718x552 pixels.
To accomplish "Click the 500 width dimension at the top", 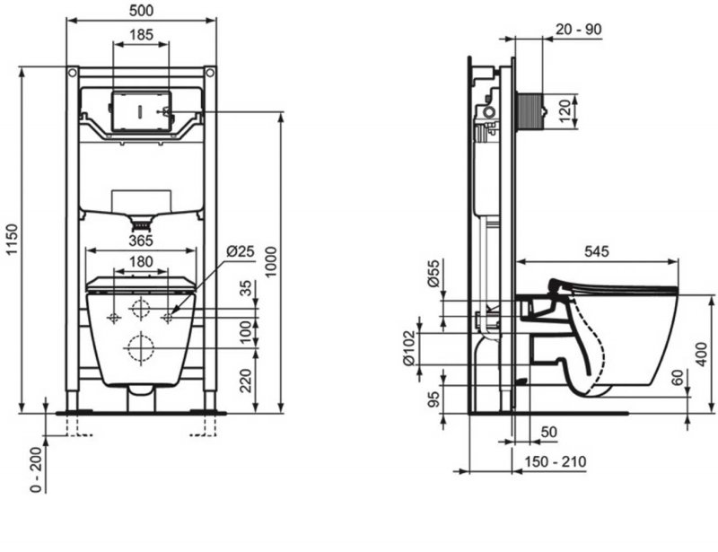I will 141,10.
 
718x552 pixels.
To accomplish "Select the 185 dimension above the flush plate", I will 141,35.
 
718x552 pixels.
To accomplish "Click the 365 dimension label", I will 139,240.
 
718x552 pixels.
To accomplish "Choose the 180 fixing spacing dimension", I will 141,262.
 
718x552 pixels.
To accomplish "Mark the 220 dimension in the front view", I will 246,381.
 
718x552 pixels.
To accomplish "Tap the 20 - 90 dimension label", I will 579,29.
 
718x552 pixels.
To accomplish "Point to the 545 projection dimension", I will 597,252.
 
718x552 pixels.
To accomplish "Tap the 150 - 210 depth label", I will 556,462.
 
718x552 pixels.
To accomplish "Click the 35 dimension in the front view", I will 246,290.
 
